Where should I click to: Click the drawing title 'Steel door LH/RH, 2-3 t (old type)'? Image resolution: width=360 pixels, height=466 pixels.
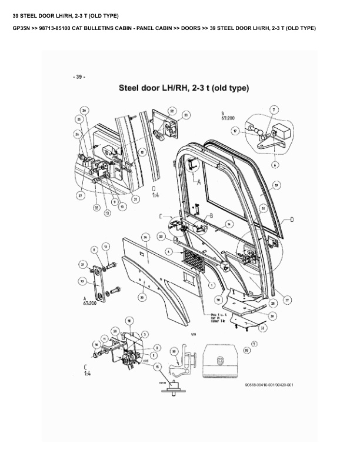pyautogui.click(x=184, y=89)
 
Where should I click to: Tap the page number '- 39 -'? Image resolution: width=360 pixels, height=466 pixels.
pyautogui.click(x=79, y=77)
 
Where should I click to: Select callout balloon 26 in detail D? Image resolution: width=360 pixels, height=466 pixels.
pyautogui.click(x=84, y=110)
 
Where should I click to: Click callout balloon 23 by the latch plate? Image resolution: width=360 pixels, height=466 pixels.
pyautogui.click(x=186, y=115)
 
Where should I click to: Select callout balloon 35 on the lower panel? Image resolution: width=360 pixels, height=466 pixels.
pyautogui.click(x=142, y=298)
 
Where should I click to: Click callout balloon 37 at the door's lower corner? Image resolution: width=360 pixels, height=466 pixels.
pyautogui.click(x=287, y=299)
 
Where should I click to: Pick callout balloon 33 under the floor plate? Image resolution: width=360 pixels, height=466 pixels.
pyautogui.click(x=262, y=328)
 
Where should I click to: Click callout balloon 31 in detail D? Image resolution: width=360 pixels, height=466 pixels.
pyautogui.click(x=136, y=199)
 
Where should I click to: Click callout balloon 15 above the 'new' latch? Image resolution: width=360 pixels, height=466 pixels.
pyautogui.click(x=156, y=365)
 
